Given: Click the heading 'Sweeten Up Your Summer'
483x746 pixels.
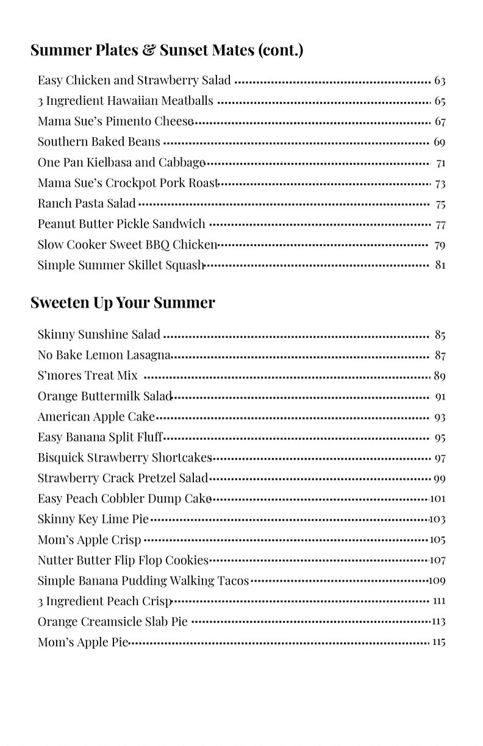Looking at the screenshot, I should point(123,303).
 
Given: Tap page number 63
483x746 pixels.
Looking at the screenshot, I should point(440,80).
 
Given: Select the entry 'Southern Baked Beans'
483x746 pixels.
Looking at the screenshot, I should point(99,142).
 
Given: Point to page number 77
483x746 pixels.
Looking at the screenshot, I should point(440,224).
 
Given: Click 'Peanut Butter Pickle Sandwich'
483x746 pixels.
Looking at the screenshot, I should point(121,224).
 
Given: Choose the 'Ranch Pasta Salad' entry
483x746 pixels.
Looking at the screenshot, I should point(87,204).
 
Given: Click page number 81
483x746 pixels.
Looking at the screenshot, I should point(440,265).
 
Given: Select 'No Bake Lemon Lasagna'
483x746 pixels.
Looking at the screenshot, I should point(104,355).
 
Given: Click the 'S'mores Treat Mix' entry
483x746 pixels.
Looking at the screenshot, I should point(87,375).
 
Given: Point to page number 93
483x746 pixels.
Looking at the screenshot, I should point(440,417).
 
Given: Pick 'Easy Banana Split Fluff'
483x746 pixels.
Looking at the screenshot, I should point(100,437).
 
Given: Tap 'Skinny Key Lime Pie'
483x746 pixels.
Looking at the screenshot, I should point(93,519).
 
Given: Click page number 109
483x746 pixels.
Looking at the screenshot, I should point(437,581).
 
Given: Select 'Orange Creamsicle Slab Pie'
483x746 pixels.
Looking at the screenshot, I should point(112,622).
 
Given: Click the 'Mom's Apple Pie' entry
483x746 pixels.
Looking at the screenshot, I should point(83,642).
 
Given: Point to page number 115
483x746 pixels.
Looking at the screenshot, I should point(438,642).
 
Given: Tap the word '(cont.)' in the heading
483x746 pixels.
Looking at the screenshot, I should point(281,50).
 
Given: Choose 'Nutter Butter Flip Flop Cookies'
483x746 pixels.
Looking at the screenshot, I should point(123,560).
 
